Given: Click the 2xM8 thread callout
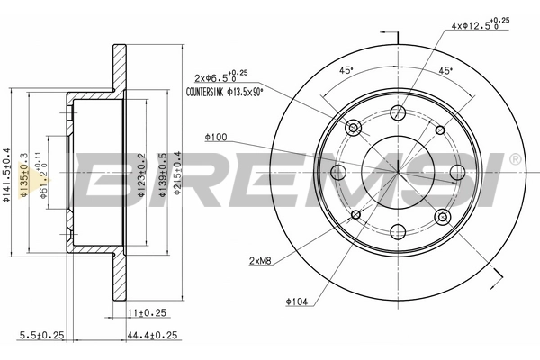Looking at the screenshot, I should tap(261, 261).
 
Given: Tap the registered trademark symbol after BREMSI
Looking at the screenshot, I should tap(514, 159).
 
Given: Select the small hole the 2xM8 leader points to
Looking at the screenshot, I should tap(356, 214).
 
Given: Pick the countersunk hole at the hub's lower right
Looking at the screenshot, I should tap(442, 216).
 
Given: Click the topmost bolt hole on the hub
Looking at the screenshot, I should tap(399, 112).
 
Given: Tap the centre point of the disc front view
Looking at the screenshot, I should tap(398, 172).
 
